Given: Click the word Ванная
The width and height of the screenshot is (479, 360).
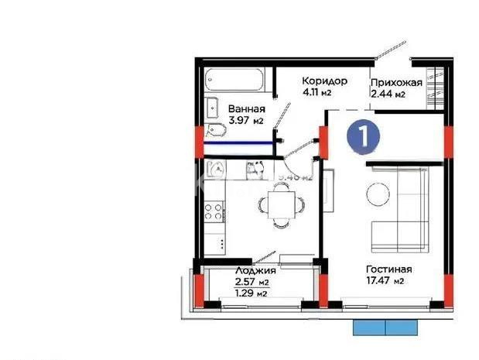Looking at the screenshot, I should [x=247, y=109].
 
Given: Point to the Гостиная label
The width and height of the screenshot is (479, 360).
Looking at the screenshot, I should [x=388, y=269].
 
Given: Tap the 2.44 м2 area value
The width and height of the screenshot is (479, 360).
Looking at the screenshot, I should [x=388, y=95].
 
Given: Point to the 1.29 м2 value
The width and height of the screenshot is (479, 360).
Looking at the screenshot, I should [x=251, y=293].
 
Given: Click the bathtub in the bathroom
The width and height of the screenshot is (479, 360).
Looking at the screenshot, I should [x=237, y=79].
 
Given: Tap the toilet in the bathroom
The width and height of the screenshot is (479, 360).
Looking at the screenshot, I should [x=214, y=129].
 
